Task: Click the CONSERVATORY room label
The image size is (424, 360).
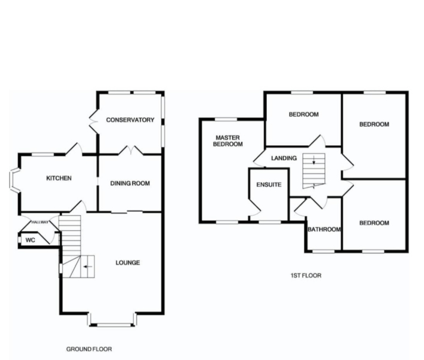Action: [x=130, y=120]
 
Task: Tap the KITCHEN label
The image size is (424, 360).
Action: [x=59, y=178]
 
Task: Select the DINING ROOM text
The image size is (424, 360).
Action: [x=130, y=184]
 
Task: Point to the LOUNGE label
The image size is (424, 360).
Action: [x=128, y=263]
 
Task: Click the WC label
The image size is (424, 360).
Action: [x=31, y=240]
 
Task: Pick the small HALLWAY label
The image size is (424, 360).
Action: [x=40, y=222]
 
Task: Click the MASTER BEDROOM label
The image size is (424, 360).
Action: [x=228, y=141]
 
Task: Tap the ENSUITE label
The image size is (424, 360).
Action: [x=268, y=185]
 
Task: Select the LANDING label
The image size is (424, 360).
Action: [x=284, y=158]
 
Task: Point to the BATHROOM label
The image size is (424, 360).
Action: [x=324, y=229]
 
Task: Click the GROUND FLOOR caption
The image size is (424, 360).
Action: [x=89, y=349]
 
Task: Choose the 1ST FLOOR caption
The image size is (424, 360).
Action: [x=305, y=276]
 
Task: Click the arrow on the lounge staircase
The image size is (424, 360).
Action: [x=89, y=264]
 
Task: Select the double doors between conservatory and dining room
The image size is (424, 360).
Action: [x=130, y=150]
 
